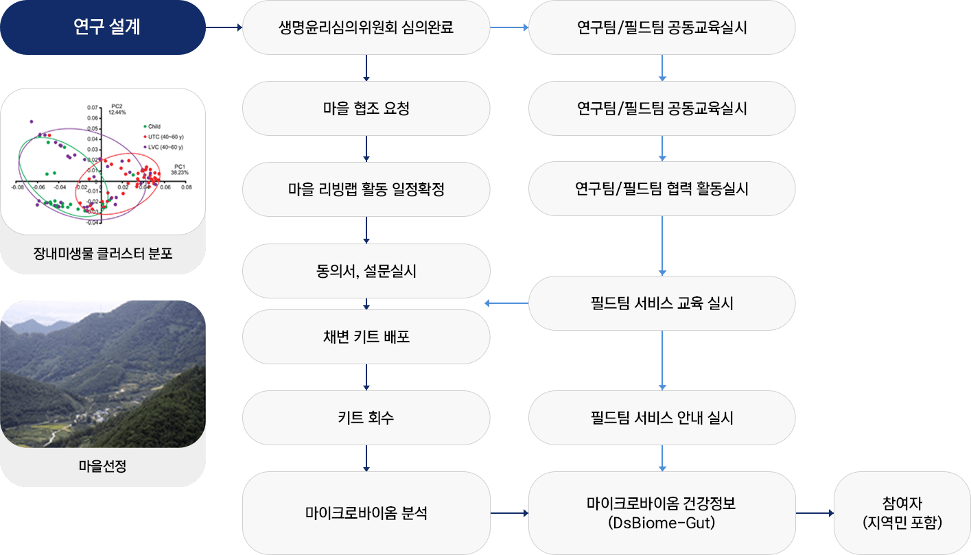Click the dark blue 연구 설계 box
(x=103, y=27)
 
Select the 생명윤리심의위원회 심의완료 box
(x=366, y=28)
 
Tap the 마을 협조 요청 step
(x=366, y=108)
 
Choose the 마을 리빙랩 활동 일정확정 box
(x=366, y=189)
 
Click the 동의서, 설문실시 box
(x=366, y=271)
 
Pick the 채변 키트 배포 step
(x=366, y=337)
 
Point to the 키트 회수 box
(x=366, y=418)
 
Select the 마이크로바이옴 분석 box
(x=366, y=512)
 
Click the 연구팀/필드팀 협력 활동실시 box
(x=662, y=189)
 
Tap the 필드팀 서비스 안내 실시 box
(x=662, y=418)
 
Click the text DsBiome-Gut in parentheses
(x=662, y=523)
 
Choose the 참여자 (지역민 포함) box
(x=902, y=512)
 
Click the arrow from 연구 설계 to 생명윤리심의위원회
(x=224, y=28)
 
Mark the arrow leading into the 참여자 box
(x=815, y=513)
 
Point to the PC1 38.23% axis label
(x=180, y=169)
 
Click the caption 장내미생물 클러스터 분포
(x=103, y=254)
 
